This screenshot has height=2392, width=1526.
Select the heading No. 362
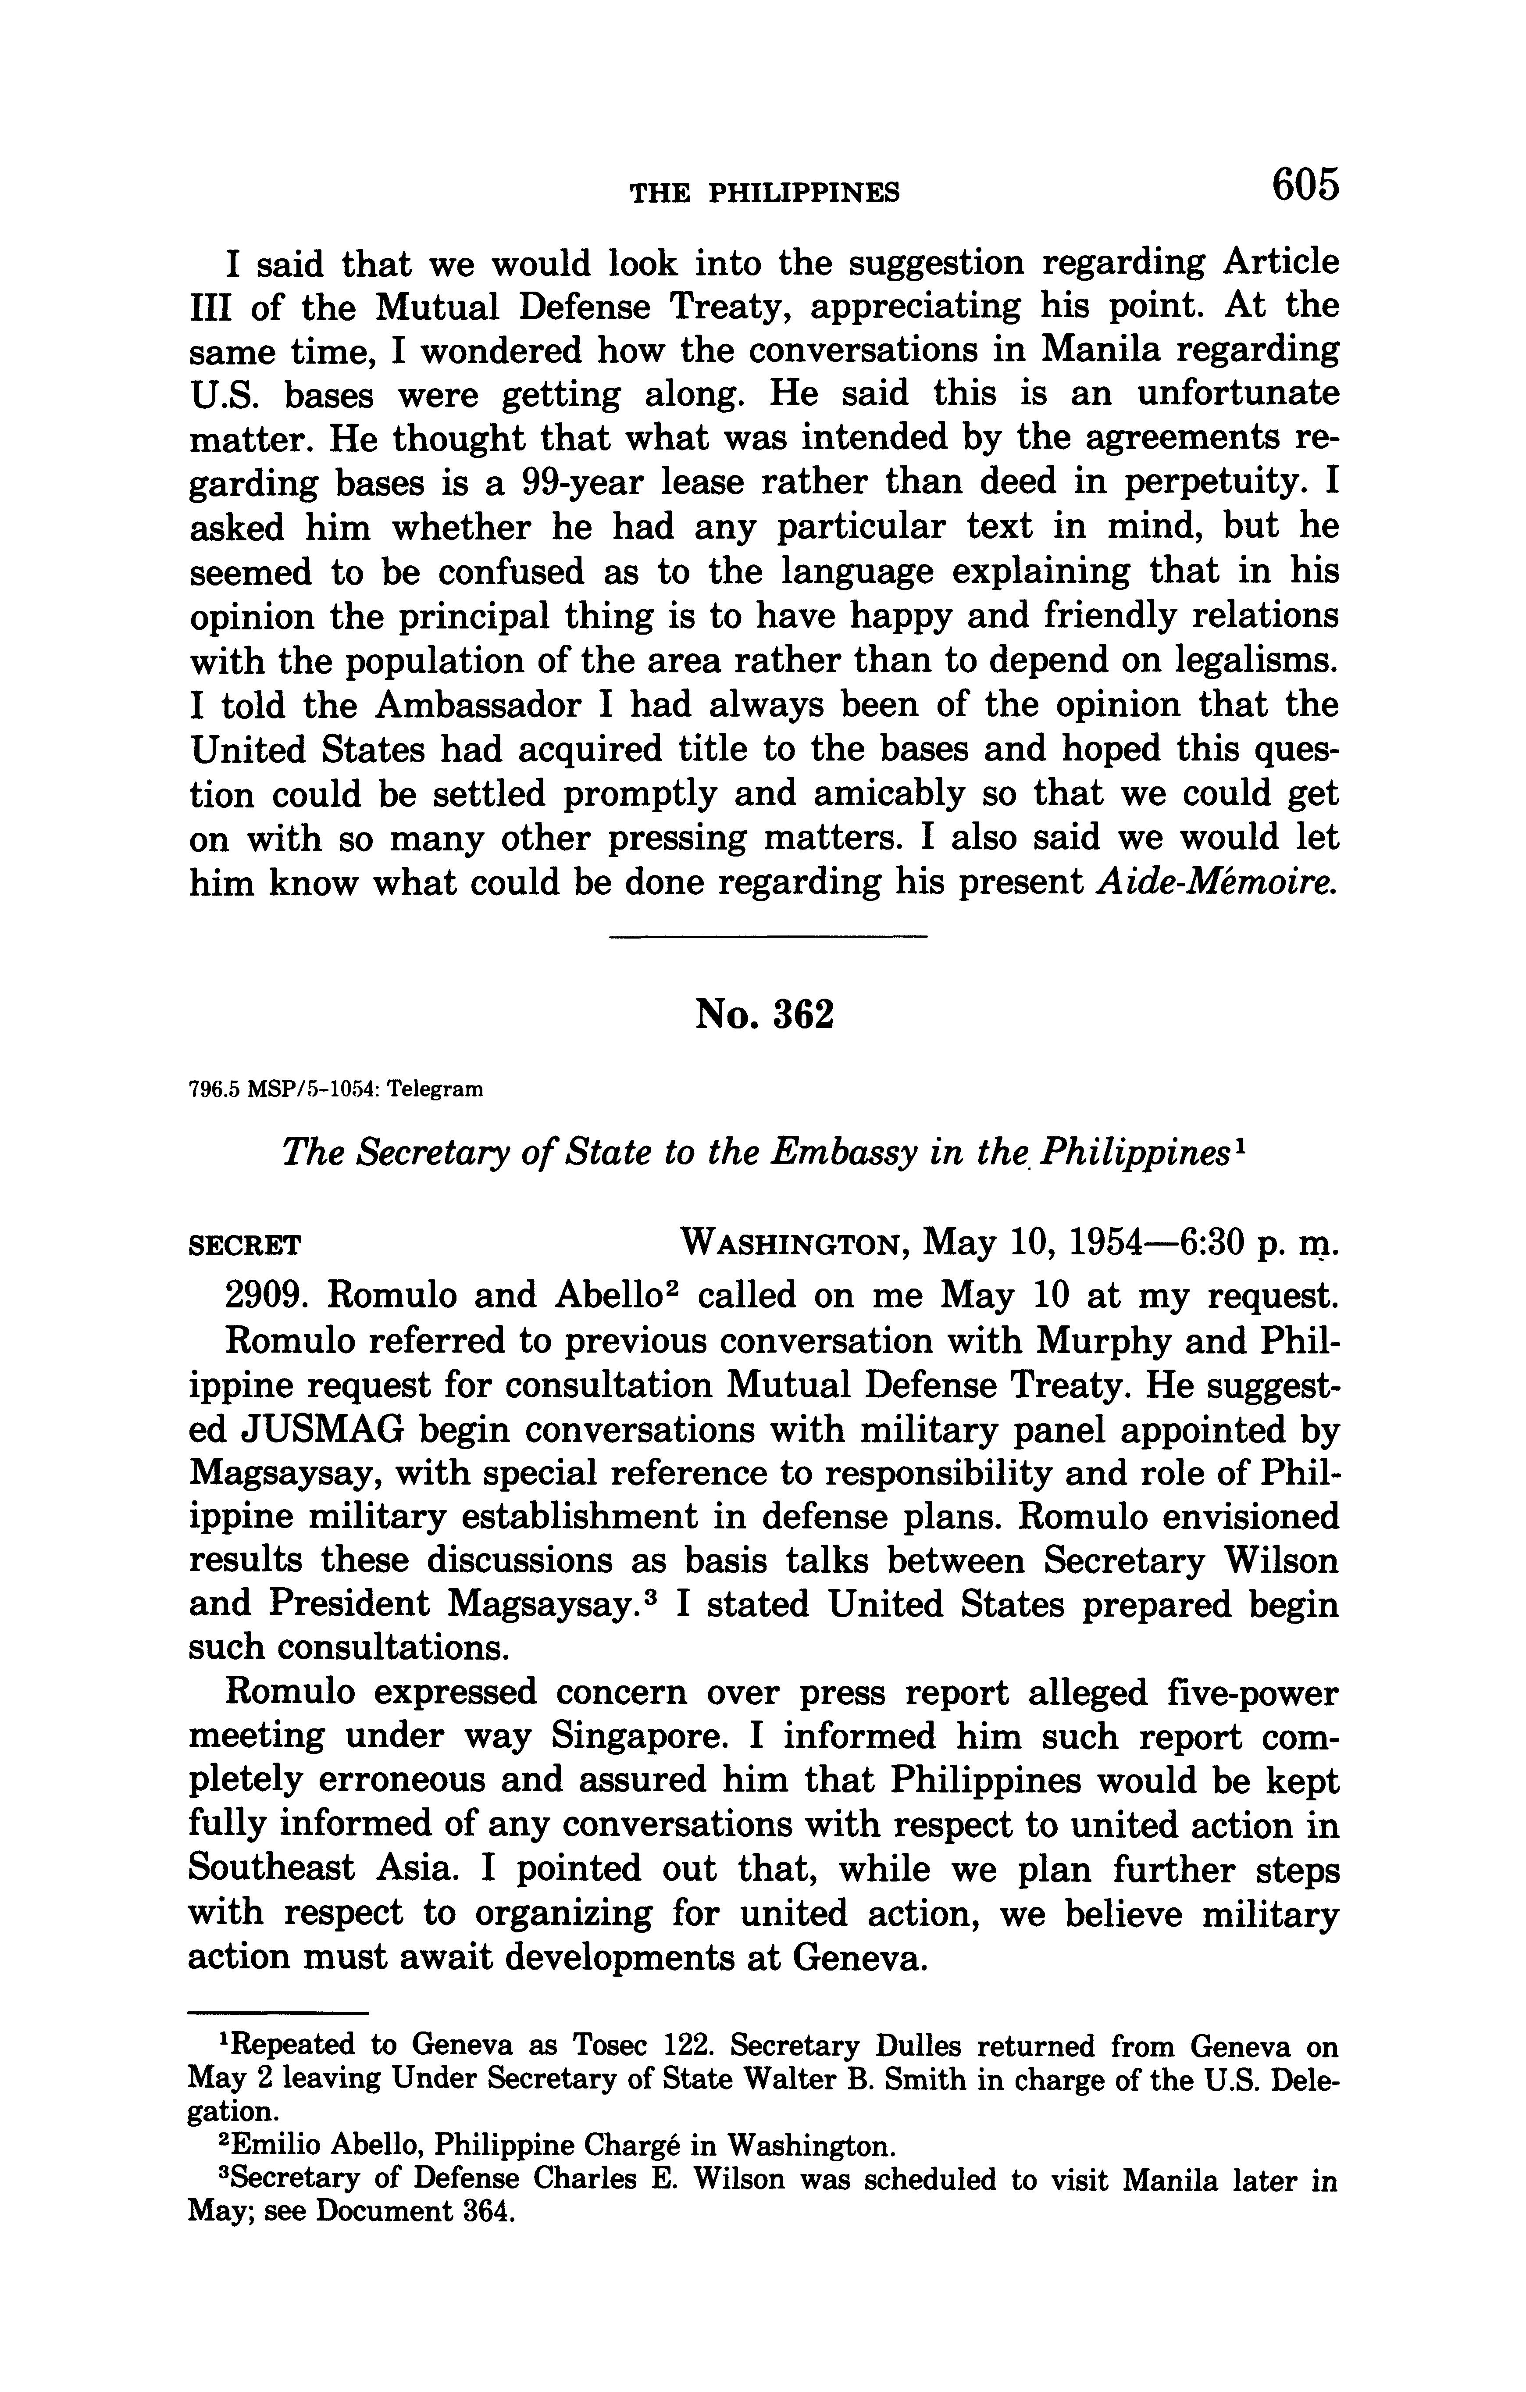coord(764,1015)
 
